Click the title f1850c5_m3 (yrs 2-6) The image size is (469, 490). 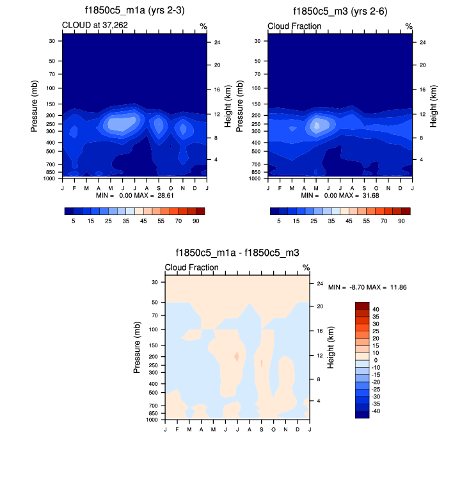coord(340,12)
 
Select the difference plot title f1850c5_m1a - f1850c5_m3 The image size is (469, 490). coord(237,253)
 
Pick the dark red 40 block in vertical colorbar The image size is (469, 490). coord(362,305)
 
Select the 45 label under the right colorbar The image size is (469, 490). coord(347,221)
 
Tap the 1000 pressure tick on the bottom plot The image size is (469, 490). coord(152,420)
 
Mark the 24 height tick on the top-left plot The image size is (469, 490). coord(218,42)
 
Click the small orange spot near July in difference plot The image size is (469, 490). coord(237,356)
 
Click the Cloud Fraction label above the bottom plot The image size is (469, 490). coord(192,267)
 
